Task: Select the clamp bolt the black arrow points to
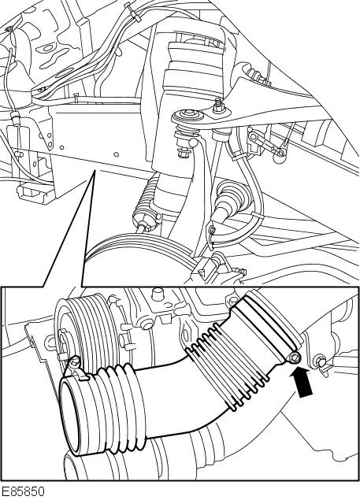click(x=295, y=357)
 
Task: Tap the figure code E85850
click(x=23, y=492)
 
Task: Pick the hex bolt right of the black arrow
click(x=321, y=361)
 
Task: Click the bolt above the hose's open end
click(x=75, y=361)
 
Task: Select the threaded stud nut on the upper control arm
click(x=218, y=106)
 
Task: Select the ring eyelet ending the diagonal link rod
click(x=280, y=154)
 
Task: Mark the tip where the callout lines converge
click(x=95, y=171)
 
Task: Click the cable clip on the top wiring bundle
click(x=132, y=13)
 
